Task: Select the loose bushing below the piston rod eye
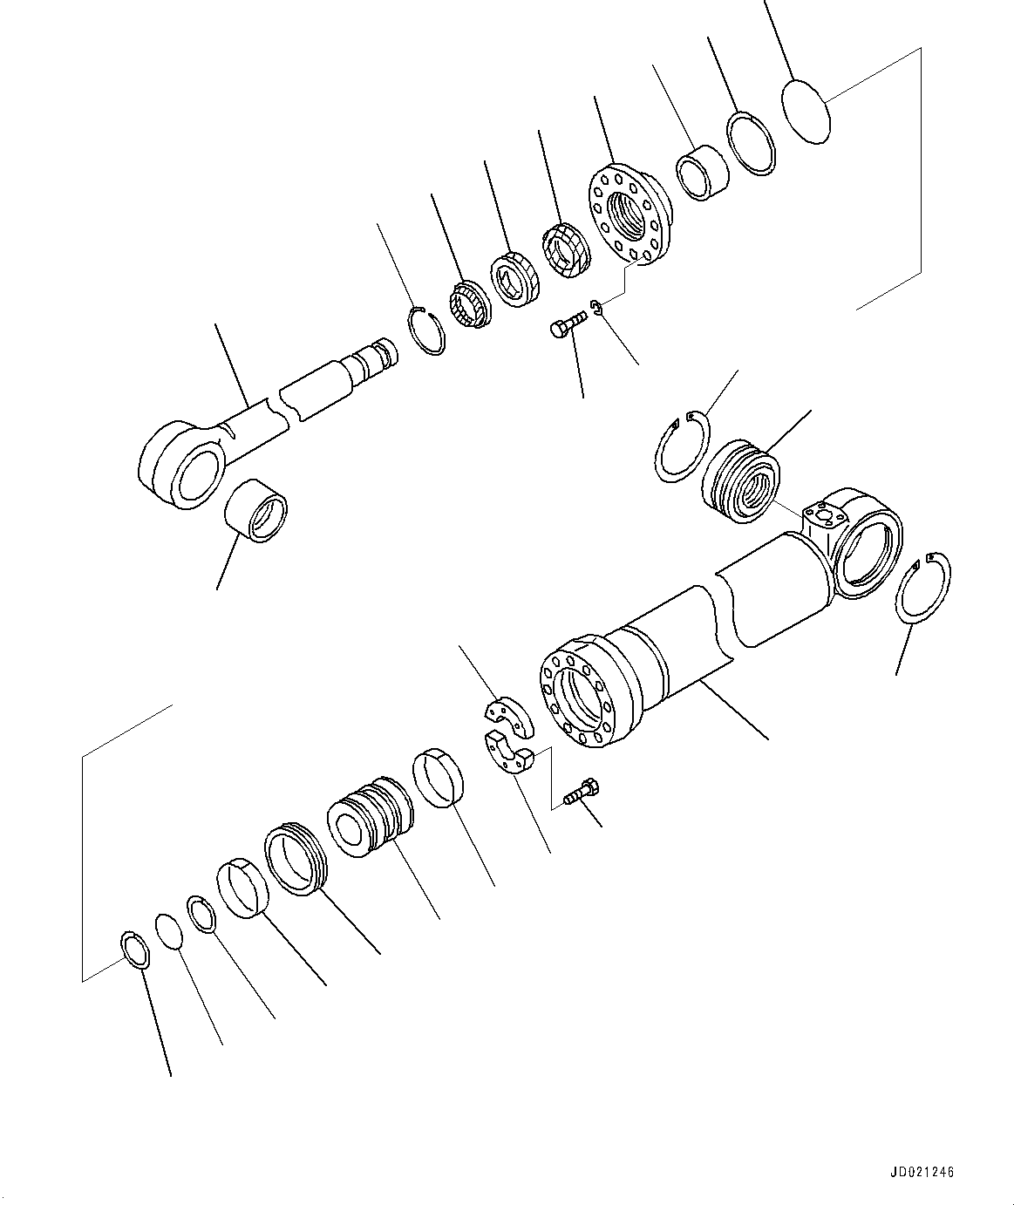pyautogui.click(x=255, y=510)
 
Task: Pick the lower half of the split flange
pyautogui.click(x=508, y=754)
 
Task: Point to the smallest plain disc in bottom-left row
pyautogui.click(x=169, y=930)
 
